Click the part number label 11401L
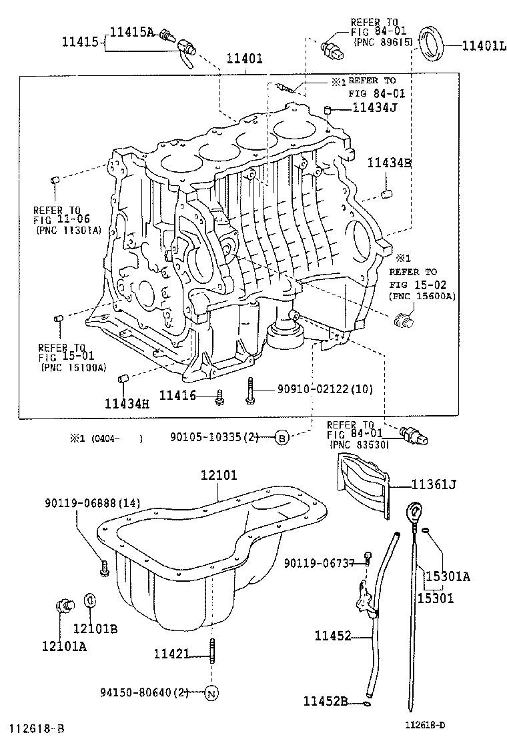pyautogui.click(x=476, y=46)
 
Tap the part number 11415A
pyautogui.click(x=131, y=31)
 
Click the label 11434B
pyautogui.click(x=389, y=162)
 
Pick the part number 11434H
pyautogui.click(x=127, y=402)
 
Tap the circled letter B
pyautogui.click(x=282, y=438)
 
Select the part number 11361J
pyautogui.click(x=434, y=484)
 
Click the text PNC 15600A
pyautogui.click(x=422, y=296)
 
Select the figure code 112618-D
pyautogui.click(x=427, y=724)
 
